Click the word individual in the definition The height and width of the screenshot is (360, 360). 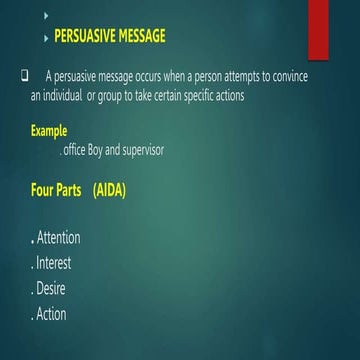[x=69, y=95]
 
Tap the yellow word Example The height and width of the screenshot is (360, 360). [x=49, y=130]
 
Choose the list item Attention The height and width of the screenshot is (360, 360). [x=58, y=238]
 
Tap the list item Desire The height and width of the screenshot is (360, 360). [x=50, y=289]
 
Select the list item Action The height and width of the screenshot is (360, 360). [x=50, y=314]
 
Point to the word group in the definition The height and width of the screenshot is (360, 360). [x=124, y=95]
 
